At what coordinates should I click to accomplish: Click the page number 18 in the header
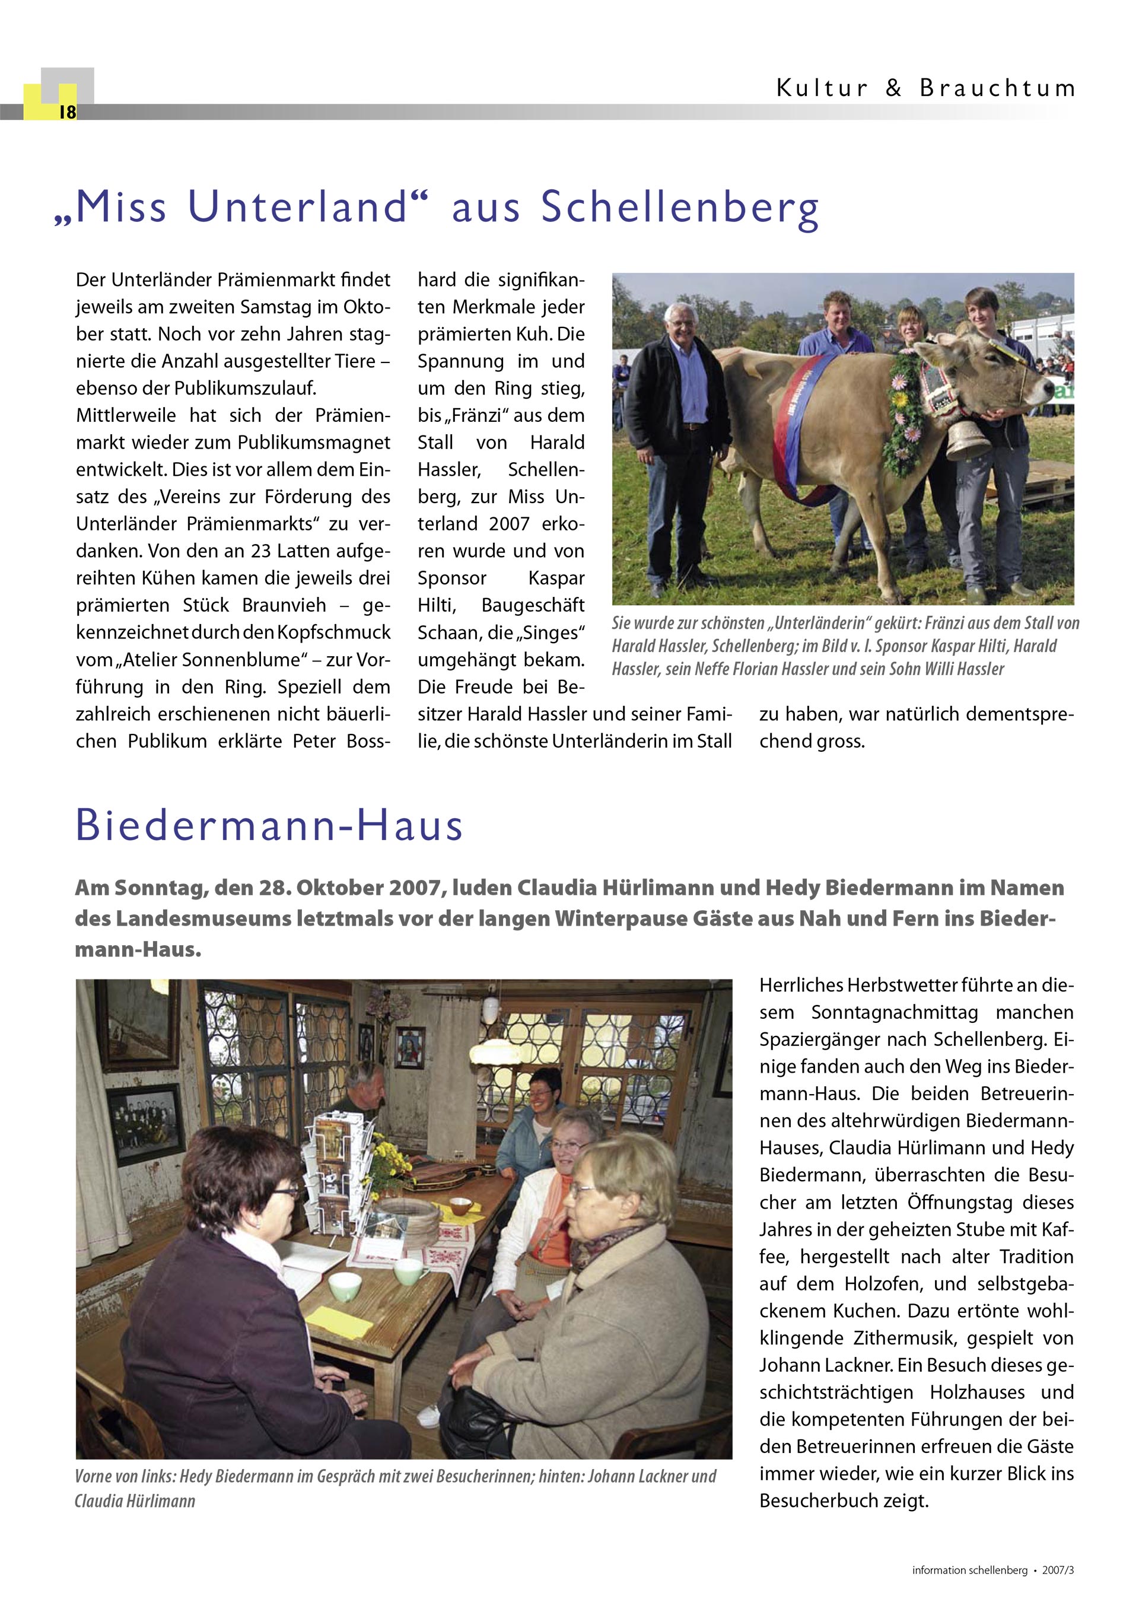68,112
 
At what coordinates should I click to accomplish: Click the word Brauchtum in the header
997,88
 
